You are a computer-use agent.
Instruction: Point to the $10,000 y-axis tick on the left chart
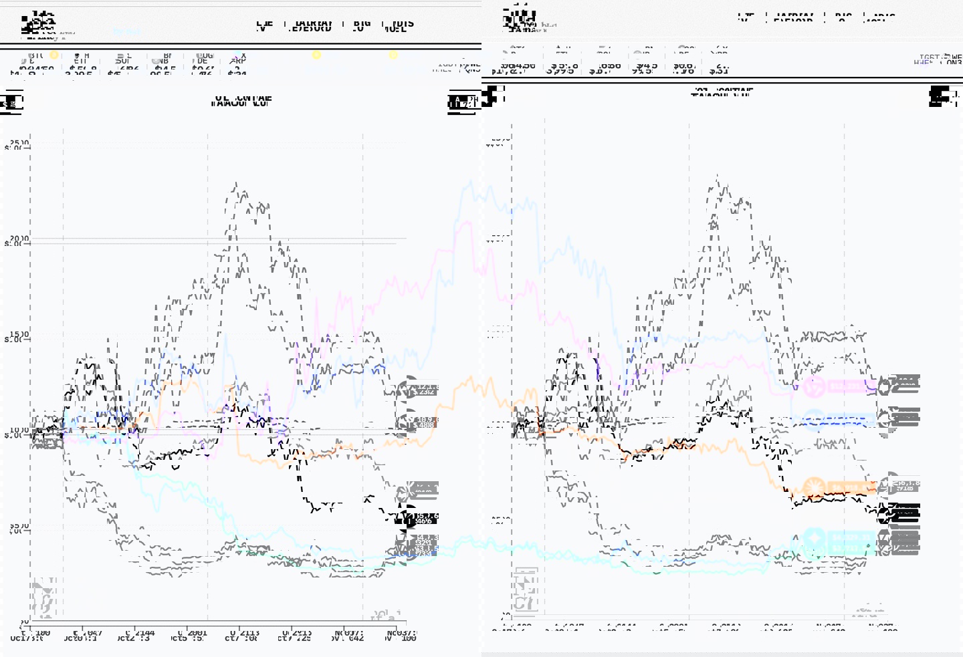(x=19, y=433)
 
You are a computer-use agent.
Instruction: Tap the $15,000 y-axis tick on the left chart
(x=19, y=337)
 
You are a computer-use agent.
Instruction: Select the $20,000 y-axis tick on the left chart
(x=19, y=241)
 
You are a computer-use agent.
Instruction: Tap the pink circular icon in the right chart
(x=814, y=386)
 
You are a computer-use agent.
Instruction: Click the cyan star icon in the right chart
(x=814, y=537)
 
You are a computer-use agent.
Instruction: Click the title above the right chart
(x=722, y=92)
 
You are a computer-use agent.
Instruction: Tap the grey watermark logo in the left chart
(x=45, y=598)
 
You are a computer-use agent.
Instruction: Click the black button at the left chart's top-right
(x=463, y=102)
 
